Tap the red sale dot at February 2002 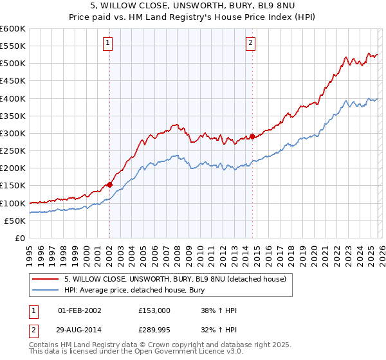[109, 184]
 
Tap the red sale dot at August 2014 [252, 136]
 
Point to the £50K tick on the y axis [15, 221]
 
